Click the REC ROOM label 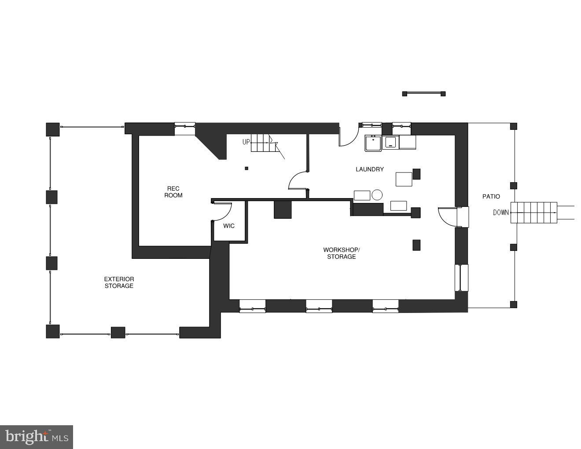[x=173, y=192]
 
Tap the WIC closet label [x=229, y=226]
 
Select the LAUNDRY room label [x=369, y=169]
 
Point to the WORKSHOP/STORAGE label [x=341, y=253]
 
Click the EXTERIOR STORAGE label [x=119, y=282]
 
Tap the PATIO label [x=491, y=196]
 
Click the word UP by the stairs [x=246, y=142]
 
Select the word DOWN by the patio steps [x=500, y=213]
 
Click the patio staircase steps [x=533, y=213]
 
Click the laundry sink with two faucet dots [x=373, y=143]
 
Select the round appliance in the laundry [x=377, y=195]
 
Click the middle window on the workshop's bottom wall [x=319, y=306]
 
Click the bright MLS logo [x=37, y=437]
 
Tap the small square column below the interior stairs [x=246, y=168]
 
